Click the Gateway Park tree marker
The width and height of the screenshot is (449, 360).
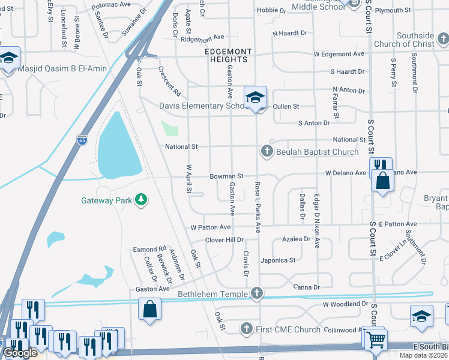[141, 199]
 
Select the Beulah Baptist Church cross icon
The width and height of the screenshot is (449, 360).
[267, 151]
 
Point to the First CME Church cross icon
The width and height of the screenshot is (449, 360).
[246, 328]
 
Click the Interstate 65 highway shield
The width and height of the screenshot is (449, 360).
[82, 140]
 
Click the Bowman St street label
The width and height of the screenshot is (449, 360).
[226, 176]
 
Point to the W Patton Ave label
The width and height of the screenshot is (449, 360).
[210, 227]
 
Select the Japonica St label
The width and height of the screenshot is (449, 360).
[278, 260]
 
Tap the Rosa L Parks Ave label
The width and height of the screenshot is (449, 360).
[258, 207]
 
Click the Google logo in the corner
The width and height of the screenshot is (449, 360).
[20, 353]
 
